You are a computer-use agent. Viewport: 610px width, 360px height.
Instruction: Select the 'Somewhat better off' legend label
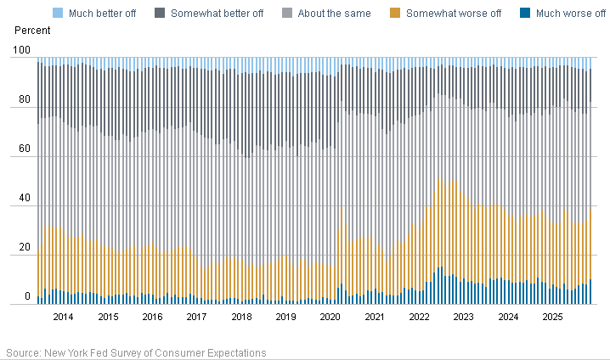(218, 14)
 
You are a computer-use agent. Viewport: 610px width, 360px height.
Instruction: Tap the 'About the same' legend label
(333, 14)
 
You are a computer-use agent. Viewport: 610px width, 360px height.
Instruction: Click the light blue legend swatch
(58, 14)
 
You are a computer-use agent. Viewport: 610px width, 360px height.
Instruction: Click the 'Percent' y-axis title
(32, 31)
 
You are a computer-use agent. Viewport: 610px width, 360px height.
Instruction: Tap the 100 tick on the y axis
(23, 53)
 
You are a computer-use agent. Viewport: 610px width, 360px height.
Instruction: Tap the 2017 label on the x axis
(196, 317)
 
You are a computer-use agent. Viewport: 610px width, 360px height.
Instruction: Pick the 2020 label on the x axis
(330, 317)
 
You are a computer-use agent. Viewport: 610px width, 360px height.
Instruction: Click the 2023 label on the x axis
(464, 317)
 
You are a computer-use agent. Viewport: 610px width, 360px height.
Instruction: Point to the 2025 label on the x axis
(552, 317)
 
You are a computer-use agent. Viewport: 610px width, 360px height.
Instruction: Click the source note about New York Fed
(136, 352)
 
